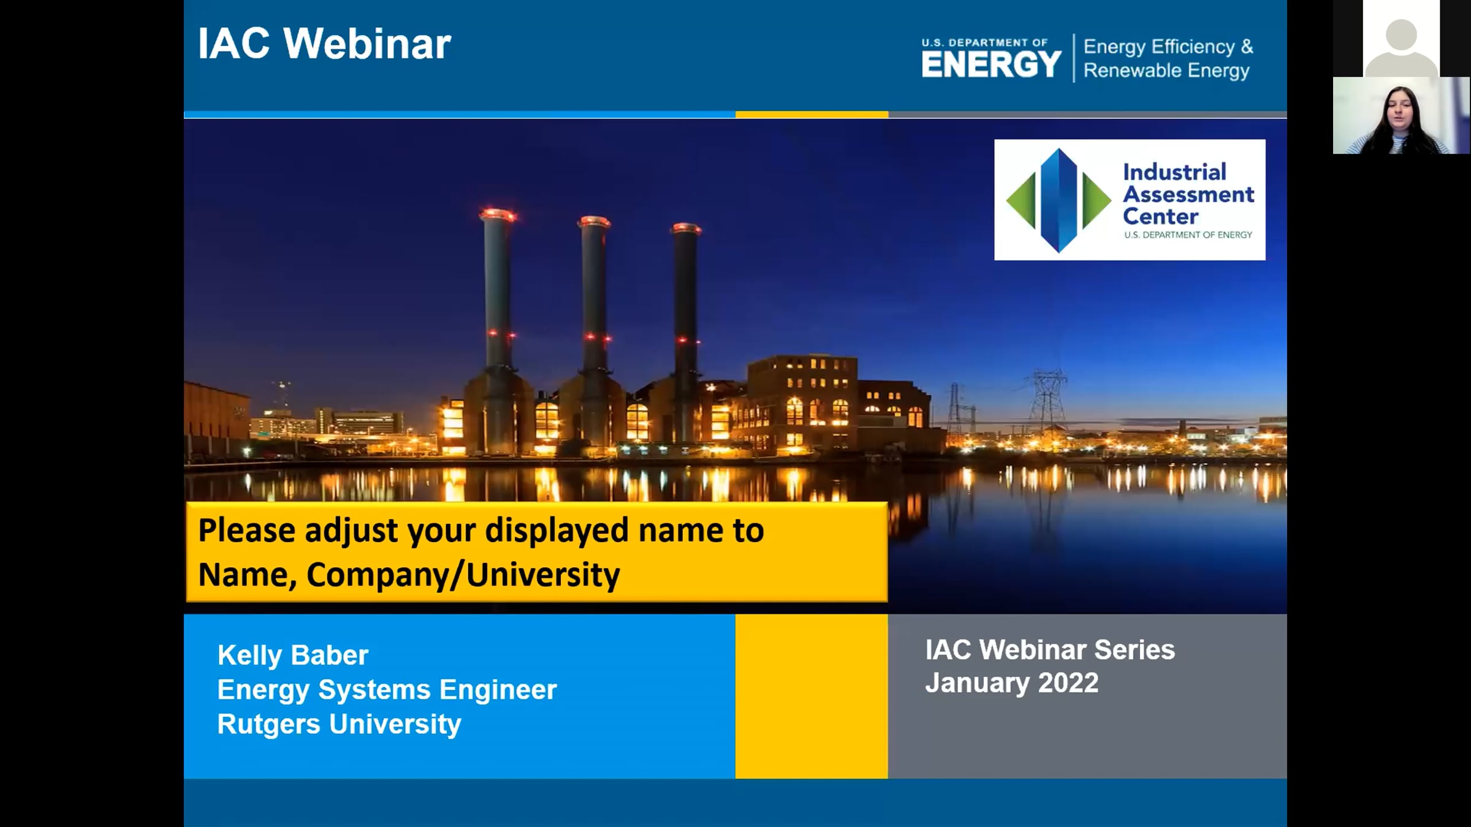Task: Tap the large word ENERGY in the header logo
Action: [991, 64]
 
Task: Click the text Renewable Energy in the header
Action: [1166, 71]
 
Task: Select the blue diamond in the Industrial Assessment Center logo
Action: [1059, 200]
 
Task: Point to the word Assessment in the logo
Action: [1188, 195]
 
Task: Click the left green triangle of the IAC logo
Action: [1021, 200]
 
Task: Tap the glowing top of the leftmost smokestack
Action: [498, 215]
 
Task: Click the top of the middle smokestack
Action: [594, 222]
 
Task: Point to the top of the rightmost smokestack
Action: [686, 228]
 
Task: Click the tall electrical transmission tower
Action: [1047, 398]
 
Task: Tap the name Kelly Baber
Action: [293, 655]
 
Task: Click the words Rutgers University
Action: [339, 724]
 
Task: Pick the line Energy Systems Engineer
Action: [387, 690]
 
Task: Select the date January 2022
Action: [1011, 683]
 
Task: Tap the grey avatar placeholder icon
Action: [1401, 44]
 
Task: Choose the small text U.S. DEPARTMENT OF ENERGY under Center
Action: [1188, 235]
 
